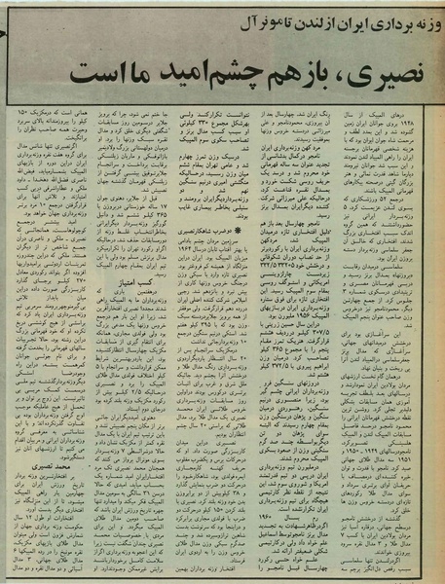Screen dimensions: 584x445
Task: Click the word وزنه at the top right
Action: pos(420,15)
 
